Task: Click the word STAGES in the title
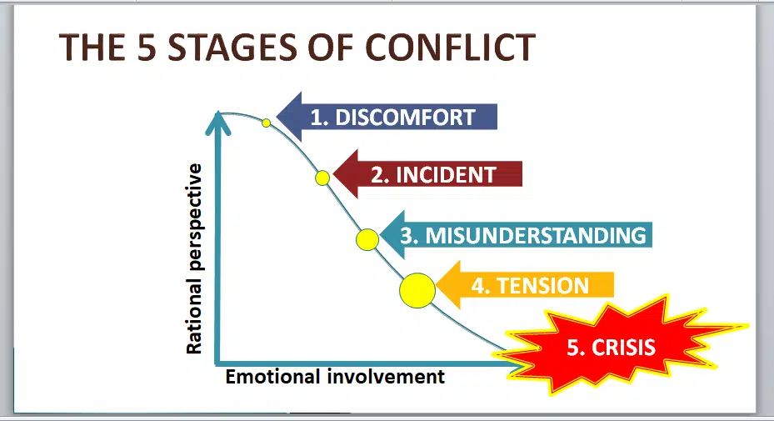click(x=232, y=48)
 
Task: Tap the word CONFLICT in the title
click(x=451, y=48)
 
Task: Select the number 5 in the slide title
click(x=147, y=48)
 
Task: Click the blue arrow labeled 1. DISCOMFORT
click(x=387, y=117)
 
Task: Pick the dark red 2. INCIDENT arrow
click(x=427, y=174)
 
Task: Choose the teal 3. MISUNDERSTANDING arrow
click(x=517, y=235)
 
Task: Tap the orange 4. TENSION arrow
click(x=525, y=285)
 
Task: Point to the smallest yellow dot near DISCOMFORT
click(x=266, y=123)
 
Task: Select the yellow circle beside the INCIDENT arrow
click(x=322, y=178)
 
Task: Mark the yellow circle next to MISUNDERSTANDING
click(x=367, y=239)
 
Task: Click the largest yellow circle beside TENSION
click(x=417, y=291)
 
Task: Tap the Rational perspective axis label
click(x=194, y=259)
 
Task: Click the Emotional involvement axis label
click(x=335, y=377)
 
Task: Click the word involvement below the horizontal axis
click(x=386, y=377)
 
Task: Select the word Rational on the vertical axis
click(x=194, y=318)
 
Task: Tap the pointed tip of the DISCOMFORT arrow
click(x=277, y=117)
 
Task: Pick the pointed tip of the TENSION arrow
click(x=437, y=285)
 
